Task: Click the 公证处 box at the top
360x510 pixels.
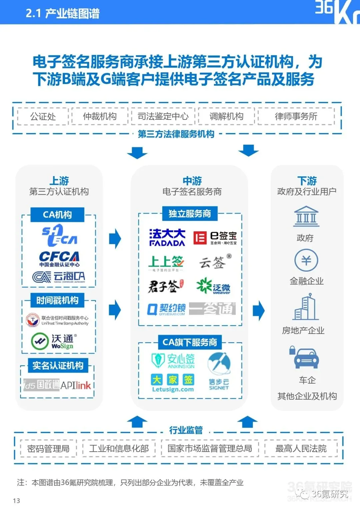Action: (x=43, y=116)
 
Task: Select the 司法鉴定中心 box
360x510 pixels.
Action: (x=163, y=116)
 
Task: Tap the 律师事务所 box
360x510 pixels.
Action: (x=296, y=116)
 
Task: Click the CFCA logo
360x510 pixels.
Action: (x=59, y=259)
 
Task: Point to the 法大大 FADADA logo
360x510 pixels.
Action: (x=167, y=237)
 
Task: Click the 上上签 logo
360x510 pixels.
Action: (x=166, y=263)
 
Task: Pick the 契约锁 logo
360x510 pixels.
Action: (x=166, y=309)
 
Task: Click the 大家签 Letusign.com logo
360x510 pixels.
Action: (x=173, y=383)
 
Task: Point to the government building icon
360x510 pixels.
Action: (x=306, y=216)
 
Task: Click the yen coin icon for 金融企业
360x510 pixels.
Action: (x=306, y=260)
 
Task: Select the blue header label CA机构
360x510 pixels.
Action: (x=57, y=214)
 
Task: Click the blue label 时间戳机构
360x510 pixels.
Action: (x=57, y=300)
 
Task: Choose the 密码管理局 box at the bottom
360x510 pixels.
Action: (x=48, y=448)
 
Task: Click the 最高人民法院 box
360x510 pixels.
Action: (x=301, y=448)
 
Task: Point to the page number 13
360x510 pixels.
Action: (x=16, y=501)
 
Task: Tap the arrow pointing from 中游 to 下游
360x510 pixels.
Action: (x=258, y=310)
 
